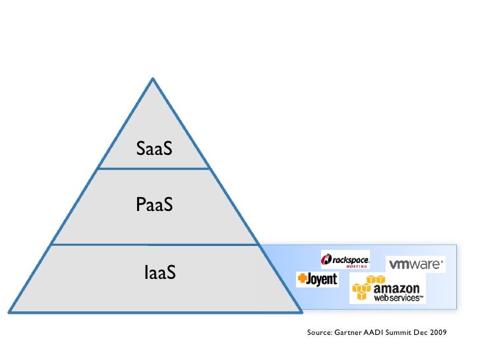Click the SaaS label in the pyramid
pyautogui.click(x=154, y=149)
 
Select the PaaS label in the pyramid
pyautogui.click(x=154, y=205)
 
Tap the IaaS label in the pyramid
pyautogui.click(x=160, y=271)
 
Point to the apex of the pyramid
pyautogui.click(x=153, y=80)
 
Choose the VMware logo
pyautogui.click(x=415, y=264)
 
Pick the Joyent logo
pyautogui.click(x=317, y=280)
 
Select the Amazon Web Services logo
pyautogui.click(x=388, y=289)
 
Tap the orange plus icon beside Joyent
pyautogui.click(x=302, y=280)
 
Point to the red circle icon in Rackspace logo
pyautogui.click(x=326, y=258)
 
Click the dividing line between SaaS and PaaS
pyautogui.click(x=153, y=169)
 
